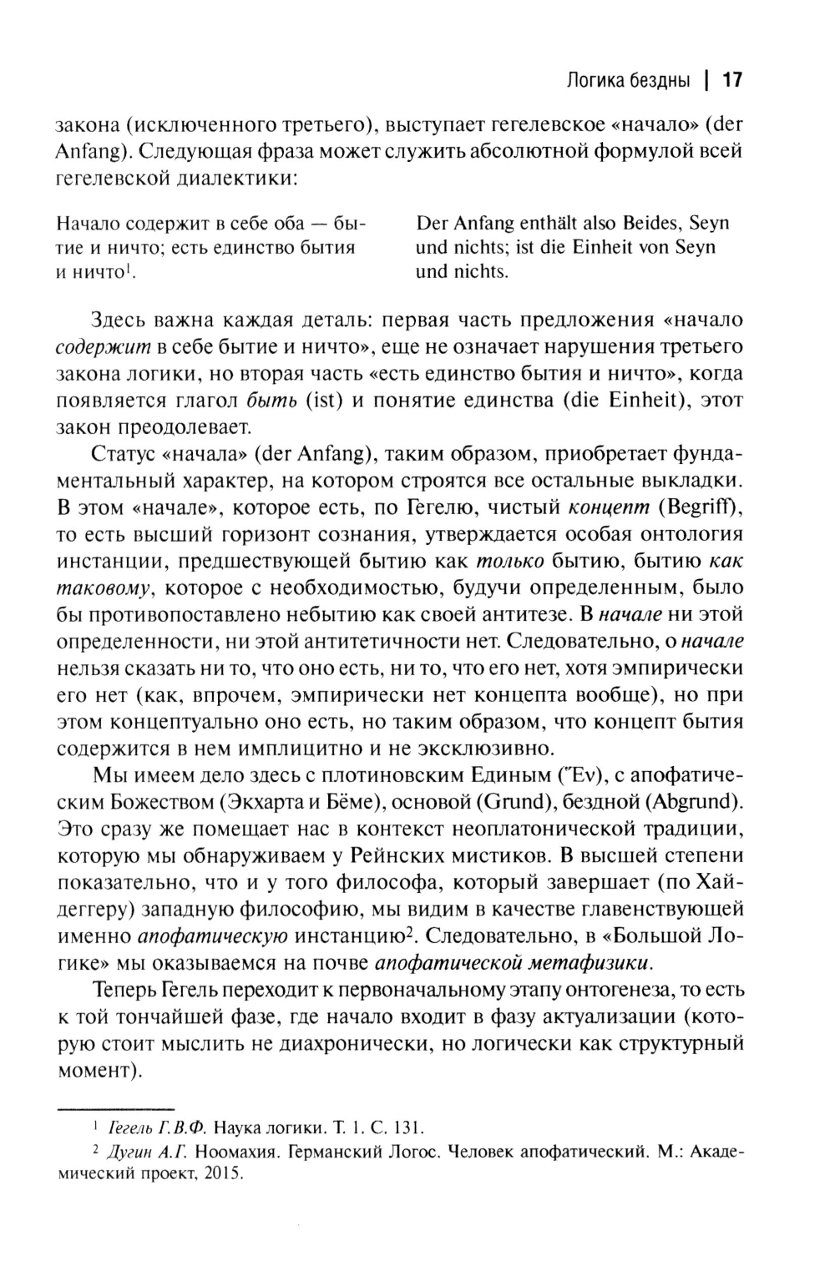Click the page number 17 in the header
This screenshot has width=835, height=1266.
click(732, 80)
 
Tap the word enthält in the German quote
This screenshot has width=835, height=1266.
click(557, 224)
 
